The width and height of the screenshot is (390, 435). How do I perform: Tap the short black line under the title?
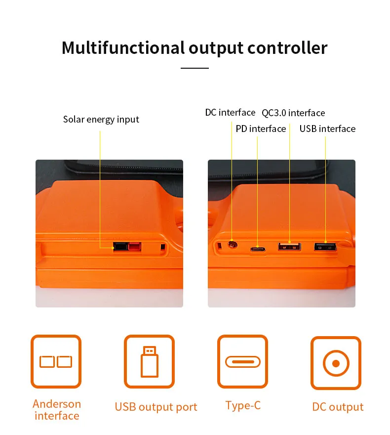click(x=195, y=68)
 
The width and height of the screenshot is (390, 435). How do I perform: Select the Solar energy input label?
click(x=101, y=120)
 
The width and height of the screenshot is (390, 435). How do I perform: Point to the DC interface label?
click(x=230, y=113)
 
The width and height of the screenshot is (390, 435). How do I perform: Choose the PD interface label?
click(x=261, y=129)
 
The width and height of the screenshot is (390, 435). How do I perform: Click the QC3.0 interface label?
click(x=293, y=113)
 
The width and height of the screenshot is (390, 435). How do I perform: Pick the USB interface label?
click(x=327, y=129)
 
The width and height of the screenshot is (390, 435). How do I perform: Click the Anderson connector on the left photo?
click(x=127, y=247)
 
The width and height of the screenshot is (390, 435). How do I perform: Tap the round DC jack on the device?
click(x=232, y=244)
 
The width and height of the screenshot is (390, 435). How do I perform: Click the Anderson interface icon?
click(x=56, y=361)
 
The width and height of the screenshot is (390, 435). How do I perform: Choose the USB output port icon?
click(x=149, y=361)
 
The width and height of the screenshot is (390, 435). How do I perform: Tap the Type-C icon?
click(x=242, y=361)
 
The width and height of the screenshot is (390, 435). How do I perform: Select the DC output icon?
click(x=336, y=363)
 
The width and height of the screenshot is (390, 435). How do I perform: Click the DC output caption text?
click(x=338, y=407)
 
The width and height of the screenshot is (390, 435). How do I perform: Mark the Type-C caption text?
click(x=243, y=406)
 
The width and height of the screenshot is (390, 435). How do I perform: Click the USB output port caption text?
click(x=156, y=407)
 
